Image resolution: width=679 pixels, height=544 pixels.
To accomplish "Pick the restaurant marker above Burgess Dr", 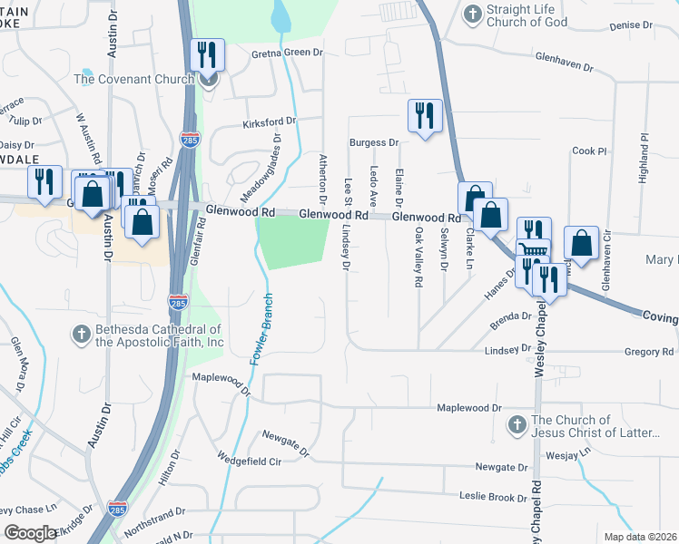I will click(x=424, y=116).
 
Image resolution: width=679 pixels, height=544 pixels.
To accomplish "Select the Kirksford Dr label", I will click(x=270, y=121).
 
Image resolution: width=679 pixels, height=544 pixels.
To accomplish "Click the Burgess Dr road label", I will click(x=375, y=143).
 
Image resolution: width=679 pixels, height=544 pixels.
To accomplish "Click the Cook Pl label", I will click(x=588, y=151).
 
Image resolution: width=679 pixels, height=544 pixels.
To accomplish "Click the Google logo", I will click(x=31, y=533).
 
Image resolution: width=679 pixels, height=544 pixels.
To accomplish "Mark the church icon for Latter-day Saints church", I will click(x=517, y=424).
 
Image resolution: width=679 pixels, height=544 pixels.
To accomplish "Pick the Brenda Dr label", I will click(x=509, y=316).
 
